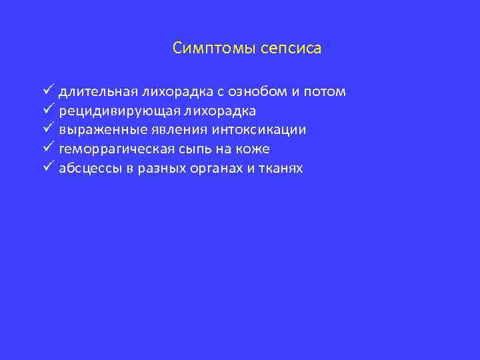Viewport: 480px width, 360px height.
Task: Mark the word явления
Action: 161,130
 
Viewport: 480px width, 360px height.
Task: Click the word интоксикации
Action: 250,130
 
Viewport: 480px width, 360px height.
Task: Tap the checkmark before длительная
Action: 48,90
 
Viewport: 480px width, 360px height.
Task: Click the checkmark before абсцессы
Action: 48,167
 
